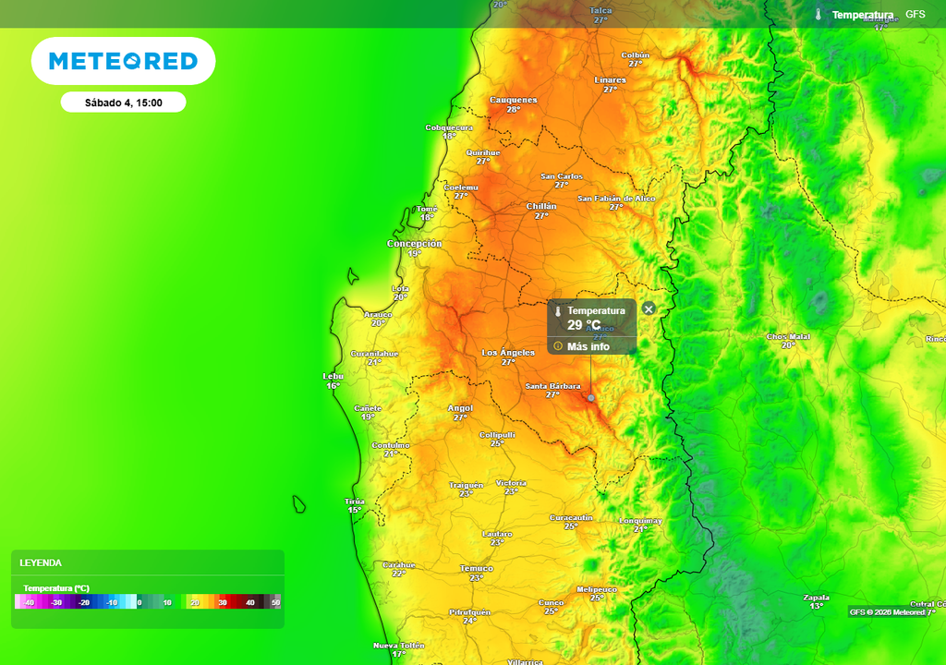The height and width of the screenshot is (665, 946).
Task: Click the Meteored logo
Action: pyautogui.click(x=123, y=61)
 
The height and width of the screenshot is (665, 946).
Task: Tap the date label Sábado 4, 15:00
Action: pyautogui.click(x=123, y=103)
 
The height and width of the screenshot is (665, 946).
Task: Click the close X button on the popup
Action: pyautogui.click(x=649, y=308)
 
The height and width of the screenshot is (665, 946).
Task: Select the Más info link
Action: pyautogui.click(x=588, y=346)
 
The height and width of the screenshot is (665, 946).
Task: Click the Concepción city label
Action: pyautogui.click(x=414, y=244)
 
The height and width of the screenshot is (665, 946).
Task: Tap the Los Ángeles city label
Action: pyautogui.click(x=508, y=353)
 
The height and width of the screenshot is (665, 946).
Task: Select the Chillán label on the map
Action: pyautogui.click(x=541, y=206)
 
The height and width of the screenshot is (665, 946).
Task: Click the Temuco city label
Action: pyautogui.click(x=477, y=568)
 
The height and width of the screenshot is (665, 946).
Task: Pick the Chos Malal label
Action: pyautogui.click(x=788, y=336)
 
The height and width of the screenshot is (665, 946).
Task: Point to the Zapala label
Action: pyautogui.click(x=817, y=597)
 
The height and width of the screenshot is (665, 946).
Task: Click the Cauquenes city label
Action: pyautogui.click(x=513, y=100)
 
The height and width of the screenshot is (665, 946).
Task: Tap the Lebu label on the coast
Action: pyautogui.click(x=333, y=376)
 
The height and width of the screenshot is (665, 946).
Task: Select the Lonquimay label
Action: pyautogui.click(x=640, y=521)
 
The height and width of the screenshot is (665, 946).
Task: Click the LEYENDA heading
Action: pyautogui.click(x=41, y=562)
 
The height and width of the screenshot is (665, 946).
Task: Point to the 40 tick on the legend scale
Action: pyautogui.click(x=249, y=602)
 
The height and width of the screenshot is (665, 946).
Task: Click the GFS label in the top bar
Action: pyautogui.click(x=915, y=15)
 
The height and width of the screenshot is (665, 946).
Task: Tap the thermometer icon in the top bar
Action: pyautogui.click(x=818, y=15)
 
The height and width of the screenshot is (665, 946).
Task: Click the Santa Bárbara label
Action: pyautogui.click(x=552, y=385)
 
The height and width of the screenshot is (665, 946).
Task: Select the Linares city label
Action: pyautogui.click(x=610, y=80)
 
